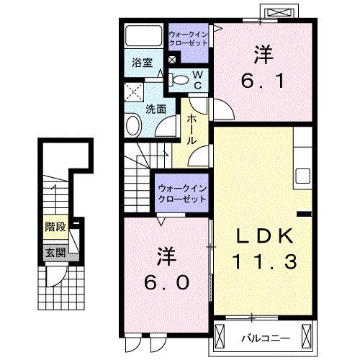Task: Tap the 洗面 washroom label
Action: point(156,109)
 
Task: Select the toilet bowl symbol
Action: point(181,80)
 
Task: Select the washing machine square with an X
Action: point(132,92)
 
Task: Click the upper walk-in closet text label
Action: point(188,38)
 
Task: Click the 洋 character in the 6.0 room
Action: point(166,256)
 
